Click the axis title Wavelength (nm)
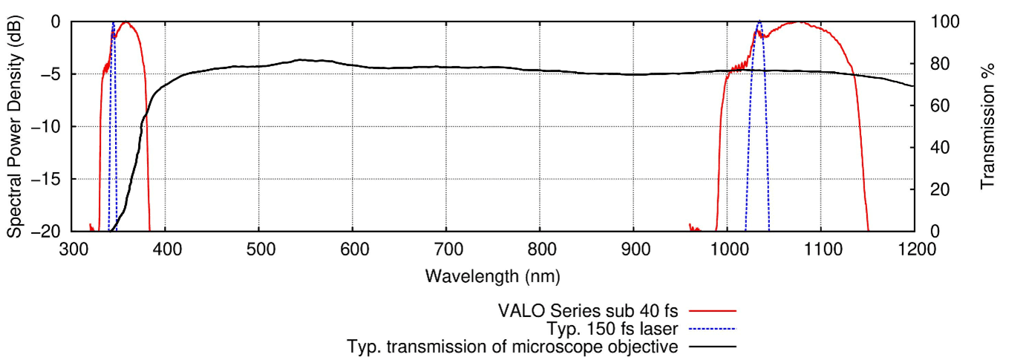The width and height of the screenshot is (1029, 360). pos(493,277)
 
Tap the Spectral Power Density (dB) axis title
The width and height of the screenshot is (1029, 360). pos(14,126)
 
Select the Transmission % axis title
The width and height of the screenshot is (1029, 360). pos(987,126)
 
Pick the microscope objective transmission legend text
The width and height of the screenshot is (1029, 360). pos(513,347)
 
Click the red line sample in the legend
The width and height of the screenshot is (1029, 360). pos(712,311)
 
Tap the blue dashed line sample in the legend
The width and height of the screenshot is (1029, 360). pos(712,329)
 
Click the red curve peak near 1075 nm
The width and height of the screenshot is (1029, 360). pos(799,22)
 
